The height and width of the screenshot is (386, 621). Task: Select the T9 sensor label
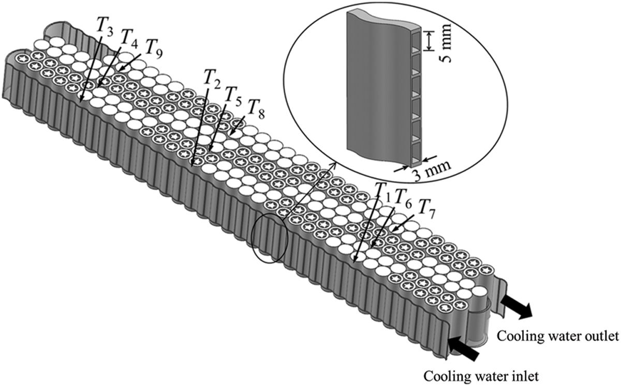coord(154,50)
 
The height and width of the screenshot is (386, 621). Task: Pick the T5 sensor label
coord(233,96)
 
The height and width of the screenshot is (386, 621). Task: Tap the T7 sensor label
coord(426,210)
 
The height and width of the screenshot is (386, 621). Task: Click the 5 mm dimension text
coord(445,43)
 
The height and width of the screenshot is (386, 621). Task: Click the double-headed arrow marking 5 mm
coord(429,41)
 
